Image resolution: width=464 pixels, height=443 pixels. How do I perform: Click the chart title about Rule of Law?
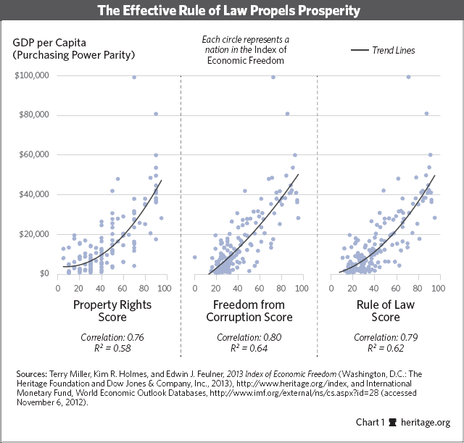pyautogui.click(x=232, y=12)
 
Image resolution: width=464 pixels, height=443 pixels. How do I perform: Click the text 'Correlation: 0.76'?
pyautogui.click(x=112, y=338)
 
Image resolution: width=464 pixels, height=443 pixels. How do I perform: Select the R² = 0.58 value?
pyautogui.click(x=112, y=349)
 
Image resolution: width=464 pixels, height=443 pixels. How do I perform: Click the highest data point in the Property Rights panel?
pyautogui.click(x=134, y=77)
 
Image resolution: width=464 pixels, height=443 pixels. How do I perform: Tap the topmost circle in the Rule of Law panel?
pyautogui.click(x=409, y=77)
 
